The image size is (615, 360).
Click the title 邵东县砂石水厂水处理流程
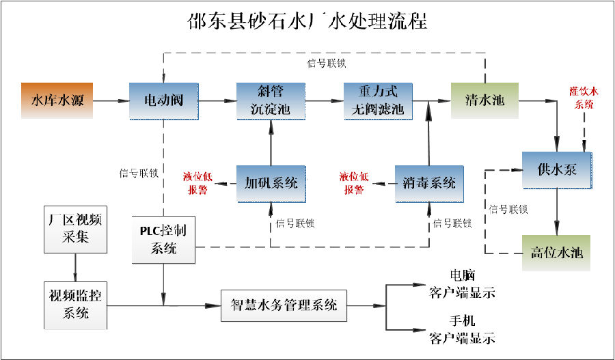coord(307,21)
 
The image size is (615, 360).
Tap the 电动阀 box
coord(163,100)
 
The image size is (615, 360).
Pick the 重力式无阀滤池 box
coord(378,100)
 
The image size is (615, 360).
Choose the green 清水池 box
coord(484,100)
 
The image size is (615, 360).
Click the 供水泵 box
coord(558,168)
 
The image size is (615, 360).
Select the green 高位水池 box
coord(558,253)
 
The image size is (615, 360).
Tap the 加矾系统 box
coord(271,183)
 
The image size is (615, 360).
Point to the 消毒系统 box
coord(429,183)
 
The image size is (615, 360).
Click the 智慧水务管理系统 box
coord(284,304)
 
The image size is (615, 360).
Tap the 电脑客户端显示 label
coord(462,284)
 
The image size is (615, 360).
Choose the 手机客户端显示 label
coord(462,329)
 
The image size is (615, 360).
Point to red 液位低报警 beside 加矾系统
coord(197,183)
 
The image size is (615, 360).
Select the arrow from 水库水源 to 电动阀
coord(110,100)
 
